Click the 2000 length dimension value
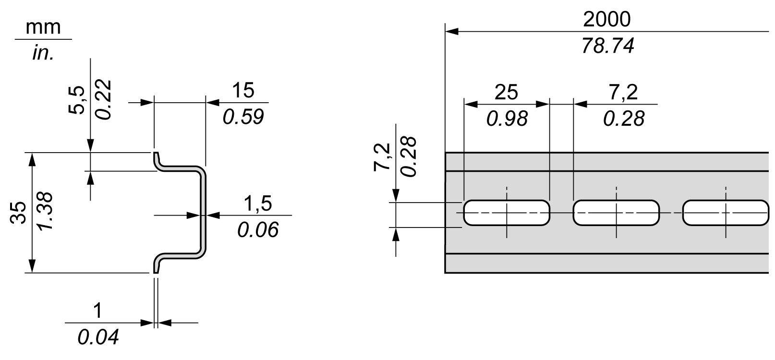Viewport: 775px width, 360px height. tap(607, 20)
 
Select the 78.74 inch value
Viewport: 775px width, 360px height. tap(607, 46)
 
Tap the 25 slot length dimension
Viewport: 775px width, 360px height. tap(506, 92)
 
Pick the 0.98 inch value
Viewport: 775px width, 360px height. tap(506, 119)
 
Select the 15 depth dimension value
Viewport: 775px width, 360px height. tap(243, 90)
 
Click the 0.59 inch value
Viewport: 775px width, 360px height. tap(243, 117)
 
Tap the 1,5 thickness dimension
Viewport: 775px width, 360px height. tap(258, 204)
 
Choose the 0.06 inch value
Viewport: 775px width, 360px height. tap(258, 230)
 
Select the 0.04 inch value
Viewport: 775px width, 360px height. tap(97, 338)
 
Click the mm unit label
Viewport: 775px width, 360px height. tap(43, 27)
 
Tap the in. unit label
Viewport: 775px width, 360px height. tap(43, 53)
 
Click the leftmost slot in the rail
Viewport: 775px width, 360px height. tap(506, 213)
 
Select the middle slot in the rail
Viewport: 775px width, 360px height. tap(616, 213)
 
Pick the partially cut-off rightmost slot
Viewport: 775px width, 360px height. tap(725, 213)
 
